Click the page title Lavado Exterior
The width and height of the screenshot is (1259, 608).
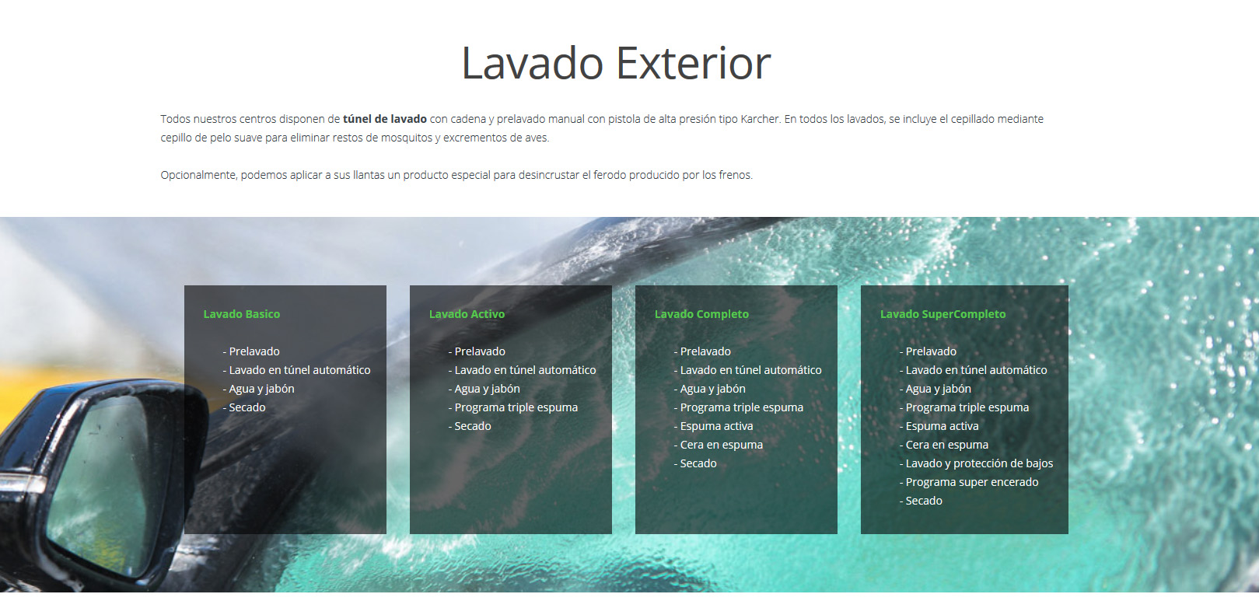tap(616, 63)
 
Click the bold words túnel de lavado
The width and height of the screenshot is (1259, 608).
tap(384, 119)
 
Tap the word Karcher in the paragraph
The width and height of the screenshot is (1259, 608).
tap(761, 119)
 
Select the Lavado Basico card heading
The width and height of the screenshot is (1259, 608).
tap(242, 314)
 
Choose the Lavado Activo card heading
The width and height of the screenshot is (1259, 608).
tap(467, 314)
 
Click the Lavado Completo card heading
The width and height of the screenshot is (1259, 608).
tap(701, 314)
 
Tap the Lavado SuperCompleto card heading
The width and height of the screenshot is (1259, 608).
tap(943, 314)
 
